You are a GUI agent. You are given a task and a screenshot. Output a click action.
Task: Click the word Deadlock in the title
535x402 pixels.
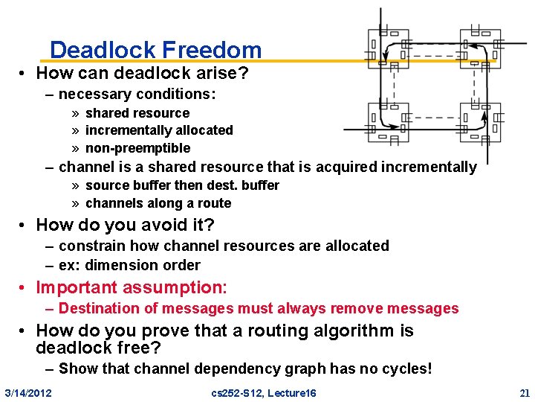(102, 51)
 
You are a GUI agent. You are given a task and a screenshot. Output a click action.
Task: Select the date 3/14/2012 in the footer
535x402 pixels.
(28, 392)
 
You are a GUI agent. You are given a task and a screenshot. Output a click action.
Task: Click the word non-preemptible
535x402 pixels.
(138, 148)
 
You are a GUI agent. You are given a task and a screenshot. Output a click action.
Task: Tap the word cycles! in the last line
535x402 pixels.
(406, 368)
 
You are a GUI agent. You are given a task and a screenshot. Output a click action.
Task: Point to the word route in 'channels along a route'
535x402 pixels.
(213, 203)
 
